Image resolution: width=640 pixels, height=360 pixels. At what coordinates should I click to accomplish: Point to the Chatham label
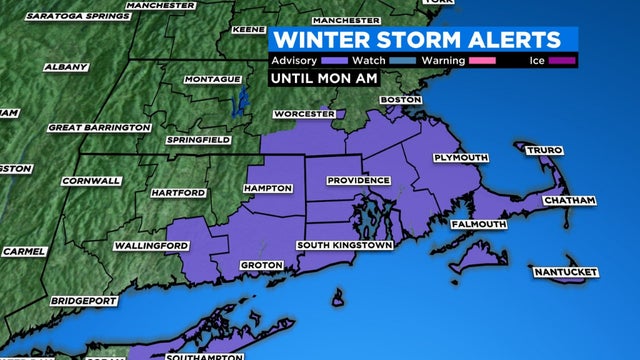tap(570, 201)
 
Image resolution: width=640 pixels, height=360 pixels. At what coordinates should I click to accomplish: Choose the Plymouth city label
tap(461, 158)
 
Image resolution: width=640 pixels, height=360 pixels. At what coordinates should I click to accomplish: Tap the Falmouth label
tap(479, 224)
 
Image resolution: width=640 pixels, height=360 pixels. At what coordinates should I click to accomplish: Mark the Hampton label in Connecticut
tap(268, 188)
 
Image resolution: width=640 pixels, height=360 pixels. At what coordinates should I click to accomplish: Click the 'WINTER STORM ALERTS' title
tap(417, 40)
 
